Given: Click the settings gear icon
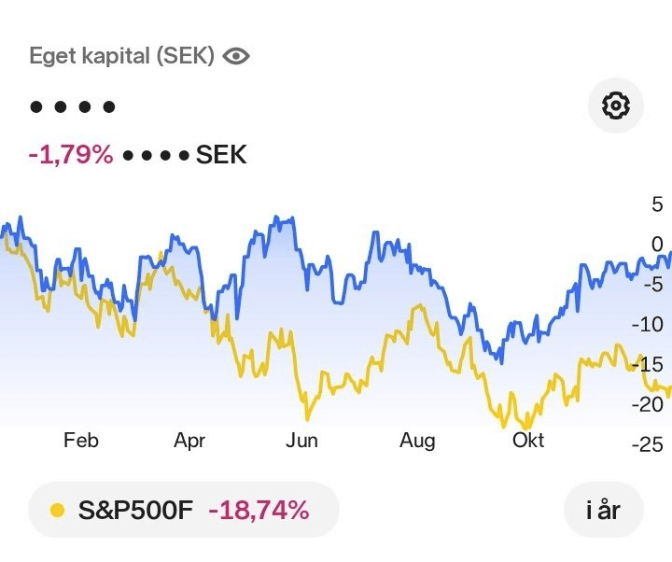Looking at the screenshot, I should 616,106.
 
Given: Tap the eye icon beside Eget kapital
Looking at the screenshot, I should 237,56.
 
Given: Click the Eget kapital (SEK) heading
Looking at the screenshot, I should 121,56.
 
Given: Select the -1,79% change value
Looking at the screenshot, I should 71,154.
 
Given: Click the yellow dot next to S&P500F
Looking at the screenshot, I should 57,510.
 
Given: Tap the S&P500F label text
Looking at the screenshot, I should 134,510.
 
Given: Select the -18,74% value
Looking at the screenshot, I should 259,510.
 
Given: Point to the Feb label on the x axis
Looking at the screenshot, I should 81,441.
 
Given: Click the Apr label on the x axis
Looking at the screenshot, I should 189,441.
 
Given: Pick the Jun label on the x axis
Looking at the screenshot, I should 301,441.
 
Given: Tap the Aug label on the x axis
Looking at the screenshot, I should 417,441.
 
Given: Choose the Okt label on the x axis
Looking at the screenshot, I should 527,441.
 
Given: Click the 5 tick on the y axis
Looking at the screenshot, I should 657,204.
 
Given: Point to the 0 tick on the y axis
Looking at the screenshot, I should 657,244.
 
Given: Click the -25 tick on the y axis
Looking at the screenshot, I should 647,444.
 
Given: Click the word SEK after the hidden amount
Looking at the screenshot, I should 221,154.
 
